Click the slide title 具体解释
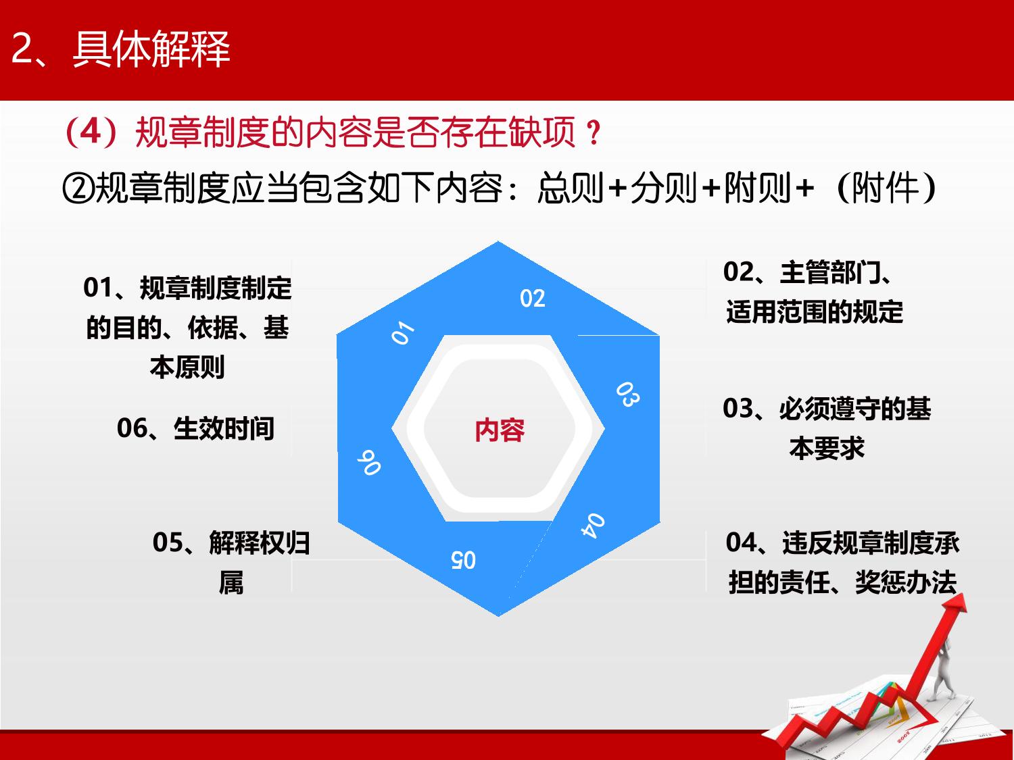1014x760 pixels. pyautogui.click(x=151, y=49)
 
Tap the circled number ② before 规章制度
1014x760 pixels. pyautogui.click(x=78, y=188)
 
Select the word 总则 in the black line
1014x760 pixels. pyautogui.click(x=571, y=188)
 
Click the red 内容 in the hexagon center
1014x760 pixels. pyautogui.click(x=500, y=430)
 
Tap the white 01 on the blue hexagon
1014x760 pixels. pyautogui.click(x=403, y=332)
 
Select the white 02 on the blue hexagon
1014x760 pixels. pyautogui.click(x=532, y=298)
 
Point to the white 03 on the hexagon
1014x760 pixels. pyautogui.click(x=628, y=394)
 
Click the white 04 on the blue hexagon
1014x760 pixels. pyautogui.click(x=593, y=525)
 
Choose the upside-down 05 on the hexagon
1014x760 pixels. pyautogui.click(x=463, y=560)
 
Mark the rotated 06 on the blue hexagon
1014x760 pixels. pyautogui.click(x=369, y=462)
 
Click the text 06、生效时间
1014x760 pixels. pyautogui.click(x=195, y=428)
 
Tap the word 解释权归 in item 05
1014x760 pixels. pyautogui.click(x=259, y=542)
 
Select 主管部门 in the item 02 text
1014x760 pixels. pyautogui.click(x=830, y=272)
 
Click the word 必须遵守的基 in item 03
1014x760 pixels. pyautogui.click(x=855, y=409)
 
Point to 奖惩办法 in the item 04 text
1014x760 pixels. pyautogui.click(x=905, y=582)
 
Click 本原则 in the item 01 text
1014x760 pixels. pyautogui.click(x=187, y=368)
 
